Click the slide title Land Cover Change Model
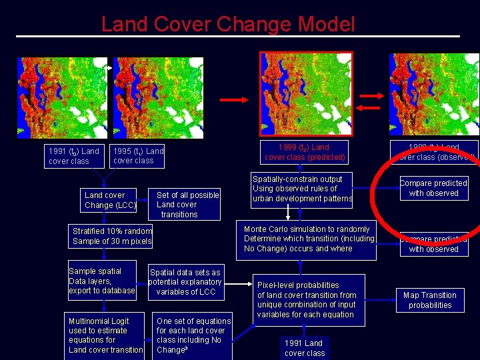(x=228, y=25)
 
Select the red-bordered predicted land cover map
(x=306, y=93)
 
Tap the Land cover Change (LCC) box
(x=109, y=200)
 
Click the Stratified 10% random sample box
(x=112, y=236)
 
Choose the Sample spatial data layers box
(x=102, y=281)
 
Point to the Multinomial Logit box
(x=105, y=335)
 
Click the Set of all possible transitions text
(x=187, y=205)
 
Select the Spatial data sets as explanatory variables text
(x=185, y=282)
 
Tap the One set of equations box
(x=193, y=335)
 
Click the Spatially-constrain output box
(x=302, y=189)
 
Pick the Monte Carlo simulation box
(x=309, y=239)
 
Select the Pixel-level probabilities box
(x=307, y=300)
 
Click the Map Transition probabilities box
(x=430, y=300)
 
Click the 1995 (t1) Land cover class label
(x=138, y=155)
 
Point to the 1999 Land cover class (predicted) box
(x=305, y=152)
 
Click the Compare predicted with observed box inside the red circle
(x=433, y=188)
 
